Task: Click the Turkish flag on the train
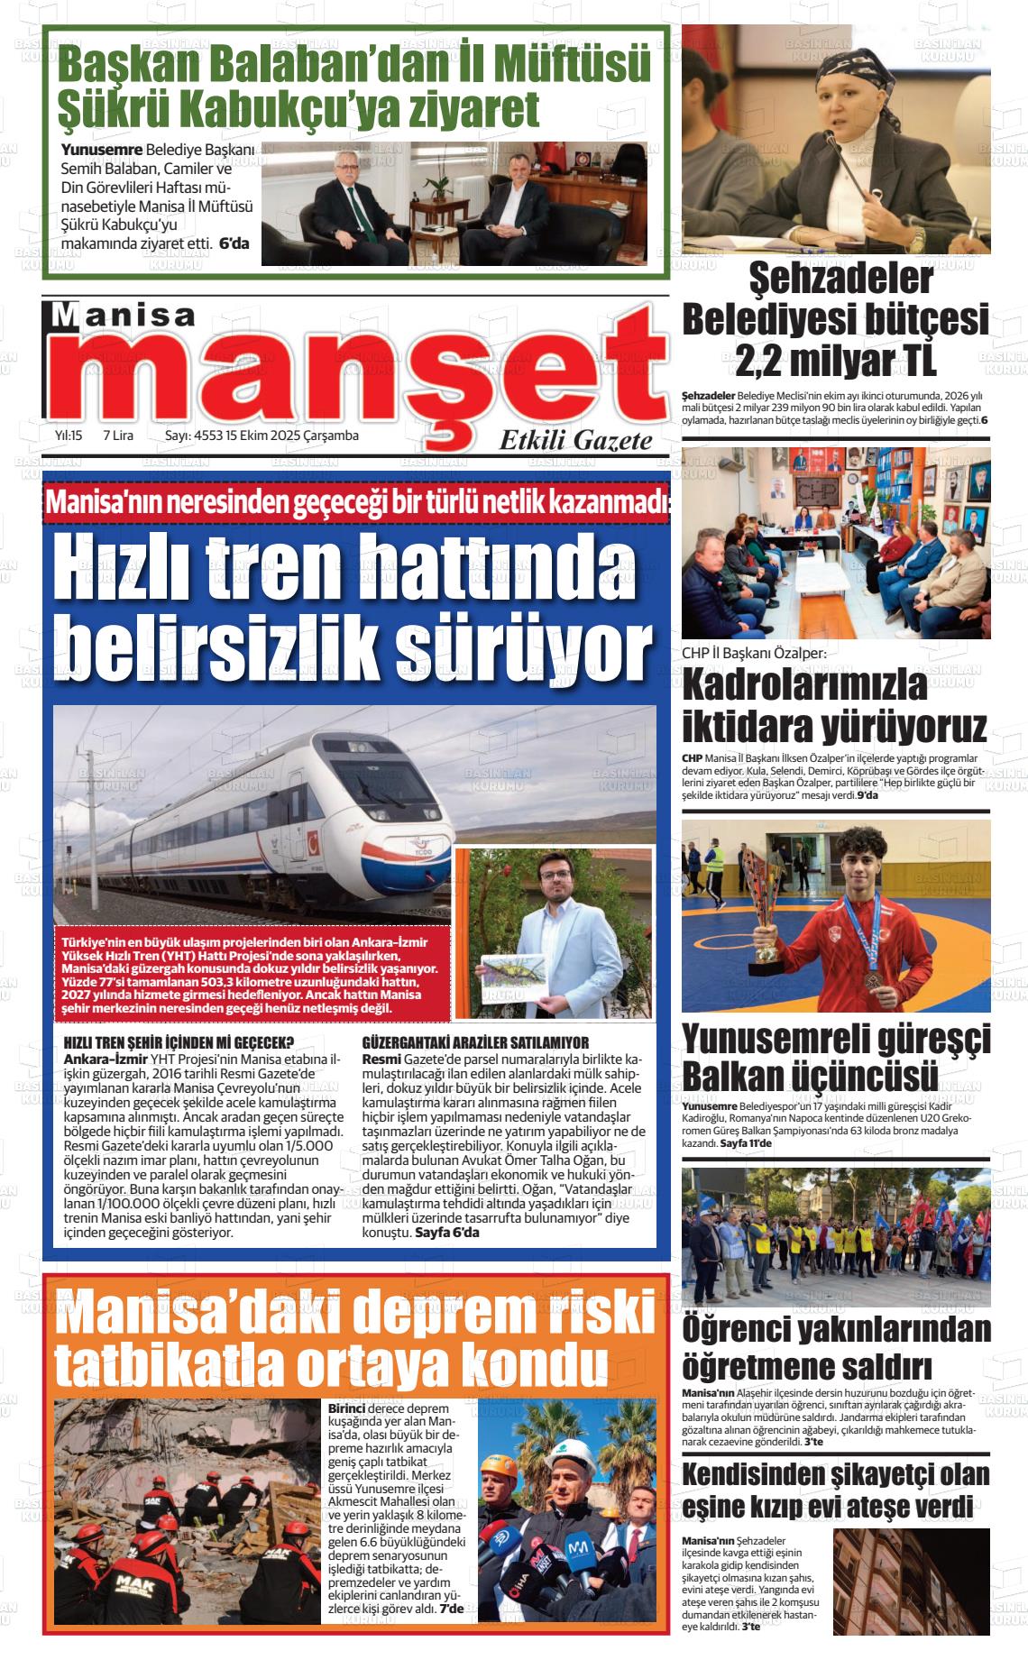(x=315, y=843)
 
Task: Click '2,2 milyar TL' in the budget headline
(x=836, y=361)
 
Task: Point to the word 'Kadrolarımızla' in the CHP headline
(x=804, y=686)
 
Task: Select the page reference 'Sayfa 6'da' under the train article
(x=447, y=1232)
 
